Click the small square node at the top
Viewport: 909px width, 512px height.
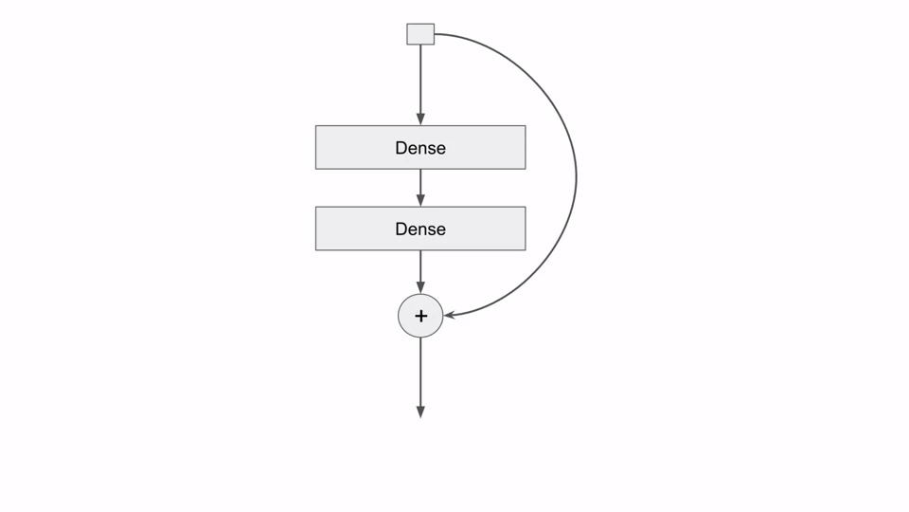click(x=420, y=35)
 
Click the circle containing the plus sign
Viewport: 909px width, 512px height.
click(x=420, y=316)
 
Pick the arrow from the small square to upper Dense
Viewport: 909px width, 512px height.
click(x=420, y=81)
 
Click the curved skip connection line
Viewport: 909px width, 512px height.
click(x=576, y=175)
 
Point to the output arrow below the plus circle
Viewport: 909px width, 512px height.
click(x=420, y=375)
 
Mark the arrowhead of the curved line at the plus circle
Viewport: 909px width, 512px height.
click(x=450, y=315)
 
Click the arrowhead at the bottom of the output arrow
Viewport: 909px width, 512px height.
click(x=420, y=412)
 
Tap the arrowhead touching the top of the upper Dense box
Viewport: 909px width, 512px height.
click(x=420, y=119)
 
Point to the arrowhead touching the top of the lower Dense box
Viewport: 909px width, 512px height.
click(x=420, y=201)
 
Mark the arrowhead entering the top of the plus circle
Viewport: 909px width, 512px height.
click(x=420, y=287)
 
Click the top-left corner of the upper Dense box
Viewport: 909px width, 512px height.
click(x=316, y=126)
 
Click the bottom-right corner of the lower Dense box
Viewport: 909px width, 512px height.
click(x=525, y=249)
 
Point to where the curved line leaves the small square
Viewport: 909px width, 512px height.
click(x=436, y=35)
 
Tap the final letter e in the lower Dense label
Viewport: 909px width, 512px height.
click(x=440, y=229)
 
